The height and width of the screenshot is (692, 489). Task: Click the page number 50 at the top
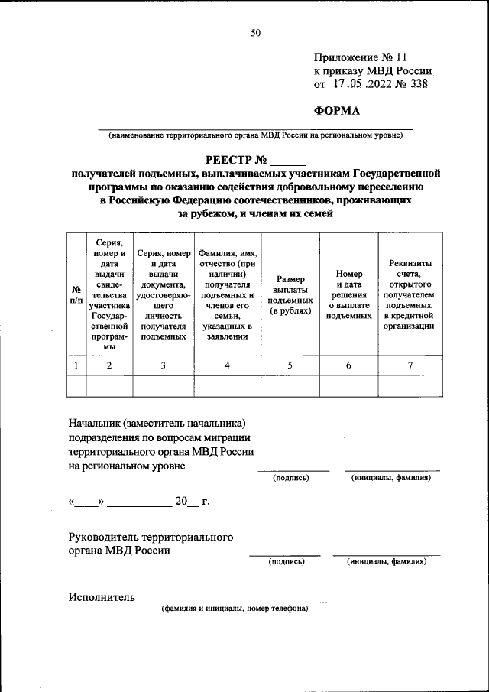coord(255,32)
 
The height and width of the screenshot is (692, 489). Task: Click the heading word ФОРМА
coord(337,110)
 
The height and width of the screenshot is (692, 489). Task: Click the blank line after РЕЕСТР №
coord(287,161)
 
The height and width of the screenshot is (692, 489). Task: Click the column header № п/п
coord(76,295)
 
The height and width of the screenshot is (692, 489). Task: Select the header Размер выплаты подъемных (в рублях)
coord(290,295)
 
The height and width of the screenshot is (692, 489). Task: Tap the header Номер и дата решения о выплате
coord(348,295)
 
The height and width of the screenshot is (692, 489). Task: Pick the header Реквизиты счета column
coord(410,295)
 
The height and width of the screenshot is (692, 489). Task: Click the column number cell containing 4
coord(226,365)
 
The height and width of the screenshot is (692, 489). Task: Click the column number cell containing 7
coord(410,365)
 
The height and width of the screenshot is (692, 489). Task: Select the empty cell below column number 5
coord(290,386)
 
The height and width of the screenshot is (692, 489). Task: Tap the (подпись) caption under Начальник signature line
coord(291,478)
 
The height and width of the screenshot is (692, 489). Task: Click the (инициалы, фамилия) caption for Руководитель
coord(386,561)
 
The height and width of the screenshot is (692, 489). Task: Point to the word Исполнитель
coord(101,597)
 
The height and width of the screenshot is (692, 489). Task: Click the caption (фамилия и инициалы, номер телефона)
coord(234,609)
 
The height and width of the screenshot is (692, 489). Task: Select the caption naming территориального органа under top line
coord(255,135)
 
